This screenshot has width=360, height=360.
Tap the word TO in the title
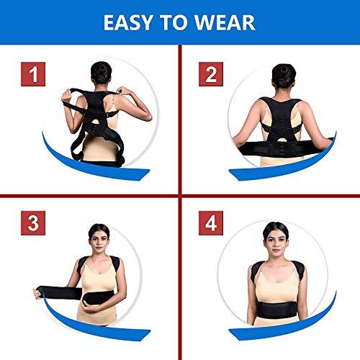[x=180, y=22]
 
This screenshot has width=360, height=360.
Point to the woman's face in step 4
[x=281, y=240]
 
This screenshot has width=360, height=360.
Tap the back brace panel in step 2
[x=283, y=115]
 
